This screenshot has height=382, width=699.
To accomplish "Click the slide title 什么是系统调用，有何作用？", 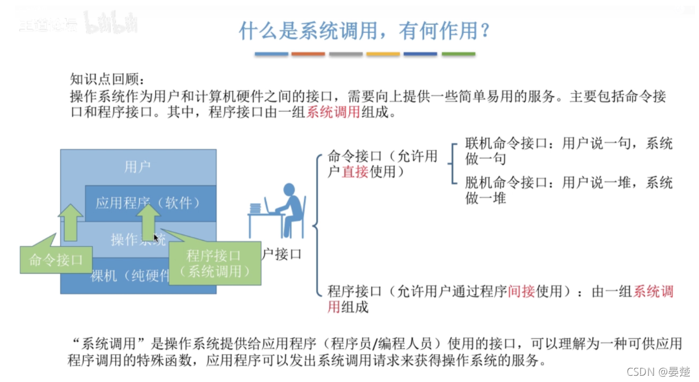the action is pos(365,31).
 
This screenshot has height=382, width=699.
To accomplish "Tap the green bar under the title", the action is pos(458,54).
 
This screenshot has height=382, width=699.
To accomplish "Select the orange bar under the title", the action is pos(308,54).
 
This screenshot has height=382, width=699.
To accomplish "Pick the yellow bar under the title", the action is pos(383,54).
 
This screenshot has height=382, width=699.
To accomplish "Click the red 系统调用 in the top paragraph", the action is pos(333,112).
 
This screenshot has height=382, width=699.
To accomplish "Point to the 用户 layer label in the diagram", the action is pos(138,167).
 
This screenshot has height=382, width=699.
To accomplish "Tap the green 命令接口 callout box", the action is pos(56,260).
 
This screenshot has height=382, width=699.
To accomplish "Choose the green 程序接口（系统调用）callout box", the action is pos(215,263).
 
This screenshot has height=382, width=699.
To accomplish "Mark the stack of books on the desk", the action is pos(256,208).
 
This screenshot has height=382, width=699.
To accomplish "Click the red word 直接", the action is pos(355,171).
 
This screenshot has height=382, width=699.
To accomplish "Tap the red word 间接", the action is pos(521,292).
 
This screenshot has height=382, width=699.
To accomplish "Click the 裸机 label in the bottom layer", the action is pos(104,276).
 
